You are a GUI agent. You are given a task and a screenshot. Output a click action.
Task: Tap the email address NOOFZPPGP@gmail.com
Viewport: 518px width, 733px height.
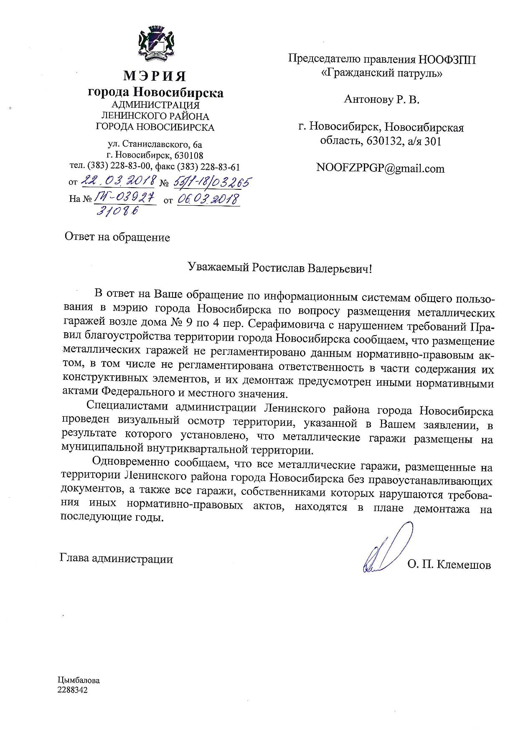[x=381, y=168]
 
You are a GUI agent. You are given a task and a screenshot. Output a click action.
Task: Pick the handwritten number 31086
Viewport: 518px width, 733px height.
[x=118, y=211]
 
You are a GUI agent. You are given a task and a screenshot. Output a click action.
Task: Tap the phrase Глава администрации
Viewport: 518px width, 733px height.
[x=117, y=559]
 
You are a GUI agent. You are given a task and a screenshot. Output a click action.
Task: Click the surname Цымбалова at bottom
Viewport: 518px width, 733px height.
[x=79, y=680]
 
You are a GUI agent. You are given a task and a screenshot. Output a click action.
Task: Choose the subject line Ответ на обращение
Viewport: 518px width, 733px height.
[x=117, y=238]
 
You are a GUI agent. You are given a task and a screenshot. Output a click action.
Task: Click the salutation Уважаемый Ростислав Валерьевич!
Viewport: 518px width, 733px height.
[x=279, y=268]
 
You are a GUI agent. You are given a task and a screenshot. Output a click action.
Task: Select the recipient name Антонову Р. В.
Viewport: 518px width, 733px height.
[x=381, y=99]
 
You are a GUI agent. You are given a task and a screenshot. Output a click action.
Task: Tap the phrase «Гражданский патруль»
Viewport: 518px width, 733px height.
[x=381, y=74]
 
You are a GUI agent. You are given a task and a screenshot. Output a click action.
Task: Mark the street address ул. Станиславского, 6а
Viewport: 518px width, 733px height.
[x=155, y=145]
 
